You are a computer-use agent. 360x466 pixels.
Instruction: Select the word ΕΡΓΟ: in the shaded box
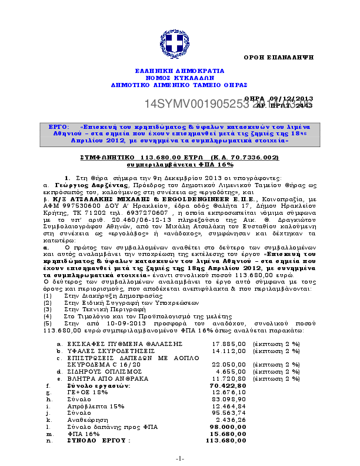tap(60, 127)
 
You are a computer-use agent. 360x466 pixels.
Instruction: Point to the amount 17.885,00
tap(224, 342)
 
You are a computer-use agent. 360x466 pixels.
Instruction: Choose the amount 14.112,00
tap(224, 350)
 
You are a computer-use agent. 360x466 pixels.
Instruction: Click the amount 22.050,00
tap(224, 365)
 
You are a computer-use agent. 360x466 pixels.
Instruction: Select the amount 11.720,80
tap(224, 379)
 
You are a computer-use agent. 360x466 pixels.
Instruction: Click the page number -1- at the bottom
tap(179, 458)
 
